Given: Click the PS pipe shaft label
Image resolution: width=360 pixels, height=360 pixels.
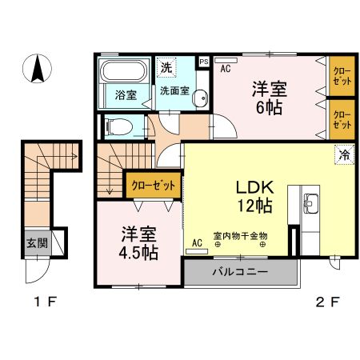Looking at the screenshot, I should pyautogui.click(x=204, y=60).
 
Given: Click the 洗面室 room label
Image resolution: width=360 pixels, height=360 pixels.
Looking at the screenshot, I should pyautogui.click(x=174, y=90).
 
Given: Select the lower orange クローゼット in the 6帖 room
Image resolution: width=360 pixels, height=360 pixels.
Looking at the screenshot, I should pyautogui.click(x=342, y=119).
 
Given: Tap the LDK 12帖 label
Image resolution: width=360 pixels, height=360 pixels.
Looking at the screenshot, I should pyautogui.click(x=254, y=196).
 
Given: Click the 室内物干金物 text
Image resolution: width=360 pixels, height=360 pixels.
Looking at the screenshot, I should pyautogui.click(x=240, y=236).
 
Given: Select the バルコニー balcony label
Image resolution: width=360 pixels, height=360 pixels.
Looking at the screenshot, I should pyautogui.click(x=240, y=272).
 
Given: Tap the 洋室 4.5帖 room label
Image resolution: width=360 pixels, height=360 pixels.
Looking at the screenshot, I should pyautogui.click(x=139, y=242).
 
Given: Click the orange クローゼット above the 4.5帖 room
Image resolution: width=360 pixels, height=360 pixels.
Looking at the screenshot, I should pyautogui.click(x=152, y=185).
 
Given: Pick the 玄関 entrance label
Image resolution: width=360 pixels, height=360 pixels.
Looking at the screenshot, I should pyautogui.click(x=36, y=243).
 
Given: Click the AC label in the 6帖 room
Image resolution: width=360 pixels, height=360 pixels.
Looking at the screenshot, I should pyautogui.click(x=226, y=68).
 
